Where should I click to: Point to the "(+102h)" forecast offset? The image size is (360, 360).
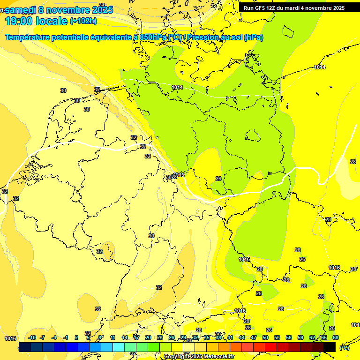click(84, 21)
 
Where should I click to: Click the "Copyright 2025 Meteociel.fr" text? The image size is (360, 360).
click(199, 357)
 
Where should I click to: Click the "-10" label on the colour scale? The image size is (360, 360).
click(32, 337)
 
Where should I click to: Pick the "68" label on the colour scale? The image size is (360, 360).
click(336, 337)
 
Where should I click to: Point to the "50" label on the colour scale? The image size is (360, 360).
click(265, 337)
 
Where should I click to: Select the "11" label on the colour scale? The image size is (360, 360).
click(112, 337)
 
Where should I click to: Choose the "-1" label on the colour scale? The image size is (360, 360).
click(66, 337)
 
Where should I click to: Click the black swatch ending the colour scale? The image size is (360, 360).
click(330, 347)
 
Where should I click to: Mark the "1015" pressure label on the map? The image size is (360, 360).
click(179, 175)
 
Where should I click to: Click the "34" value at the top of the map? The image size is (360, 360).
click(102, 5)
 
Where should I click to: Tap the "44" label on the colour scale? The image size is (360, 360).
click(242, 337)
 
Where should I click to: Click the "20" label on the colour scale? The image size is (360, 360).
click(148, 337)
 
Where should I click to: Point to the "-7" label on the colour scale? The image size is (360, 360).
click(42, 337)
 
